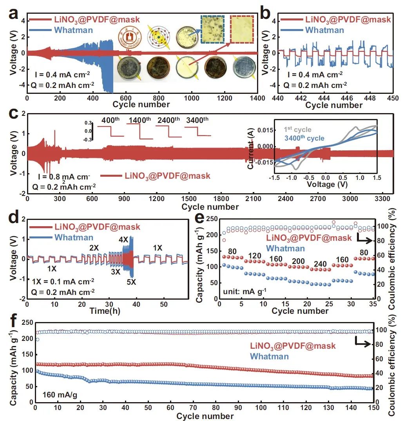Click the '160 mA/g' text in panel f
tap(58, 392)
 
